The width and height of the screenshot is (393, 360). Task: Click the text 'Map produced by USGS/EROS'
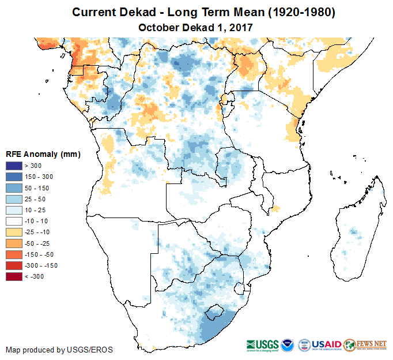[x=59, y=350]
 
